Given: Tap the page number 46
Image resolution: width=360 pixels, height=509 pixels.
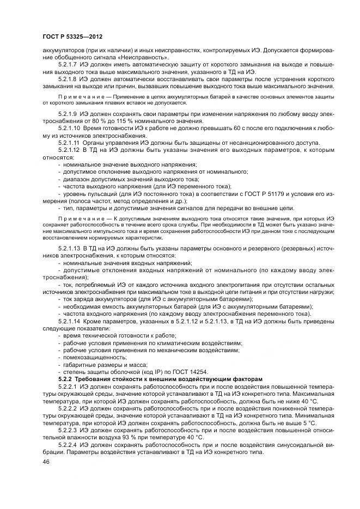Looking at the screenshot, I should (45, 462).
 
